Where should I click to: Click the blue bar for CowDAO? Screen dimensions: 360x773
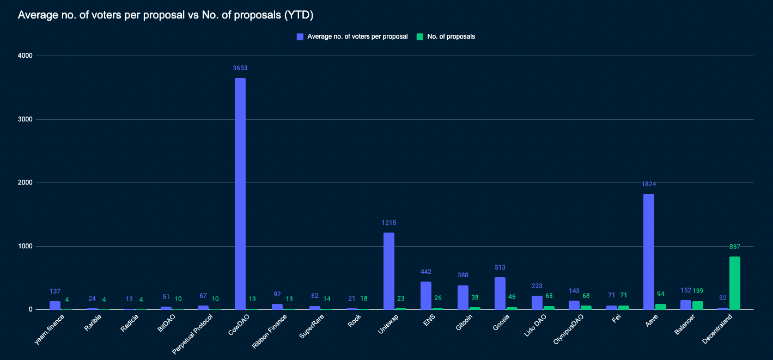[240, 193]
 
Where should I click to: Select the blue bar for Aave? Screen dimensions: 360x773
[648, 252]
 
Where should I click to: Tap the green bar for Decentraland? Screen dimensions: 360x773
[734, 283]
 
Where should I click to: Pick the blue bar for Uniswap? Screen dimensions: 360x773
[388, 271]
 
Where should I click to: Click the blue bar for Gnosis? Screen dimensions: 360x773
[500, 294]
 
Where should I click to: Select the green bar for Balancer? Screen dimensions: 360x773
[697, 306]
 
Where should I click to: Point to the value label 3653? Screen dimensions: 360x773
[240, 68]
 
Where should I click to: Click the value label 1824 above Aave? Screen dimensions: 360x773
[648, 184]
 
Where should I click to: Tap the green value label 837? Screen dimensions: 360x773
[734, 247]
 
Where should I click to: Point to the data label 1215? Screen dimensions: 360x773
[388, 223]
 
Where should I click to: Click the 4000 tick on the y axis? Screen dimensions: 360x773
[25, 56]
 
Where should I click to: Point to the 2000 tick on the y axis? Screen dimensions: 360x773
[25, 182]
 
